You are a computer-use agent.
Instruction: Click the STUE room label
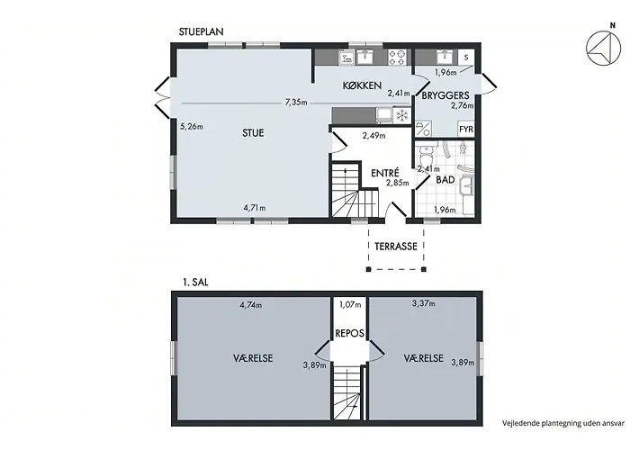coord(253,133)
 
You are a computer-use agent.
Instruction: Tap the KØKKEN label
coord(362,85)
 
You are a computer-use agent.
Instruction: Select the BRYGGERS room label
coord(445,95)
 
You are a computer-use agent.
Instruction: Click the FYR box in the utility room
coord(466,130)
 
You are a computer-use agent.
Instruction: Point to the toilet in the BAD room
coord(426,154)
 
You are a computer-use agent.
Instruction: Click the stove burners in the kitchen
coord(398,57)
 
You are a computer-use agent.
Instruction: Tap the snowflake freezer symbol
coord(402,116)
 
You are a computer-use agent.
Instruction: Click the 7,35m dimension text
coord(296,103)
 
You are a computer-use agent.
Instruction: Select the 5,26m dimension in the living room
coord(192,127)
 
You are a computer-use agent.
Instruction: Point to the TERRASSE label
coord(396,247)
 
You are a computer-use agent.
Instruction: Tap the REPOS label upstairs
coord(349,333)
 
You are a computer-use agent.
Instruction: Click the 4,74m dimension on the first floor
coord(251,305)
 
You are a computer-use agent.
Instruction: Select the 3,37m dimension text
coord(424,303)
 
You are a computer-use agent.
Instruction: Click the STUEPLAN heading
coord(201,31)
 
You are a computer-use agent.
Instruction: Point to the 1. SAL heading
coord(195,283)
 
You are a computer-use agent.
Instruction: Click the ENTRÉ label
coord(385,173)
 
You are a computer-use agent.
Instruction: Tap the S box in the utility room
coord(466,58)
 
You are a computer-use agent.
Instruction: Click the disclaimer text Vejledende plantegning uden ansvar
coord(563,423)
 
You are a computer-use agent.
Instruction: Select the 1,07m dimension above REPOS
coord(350,304)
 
